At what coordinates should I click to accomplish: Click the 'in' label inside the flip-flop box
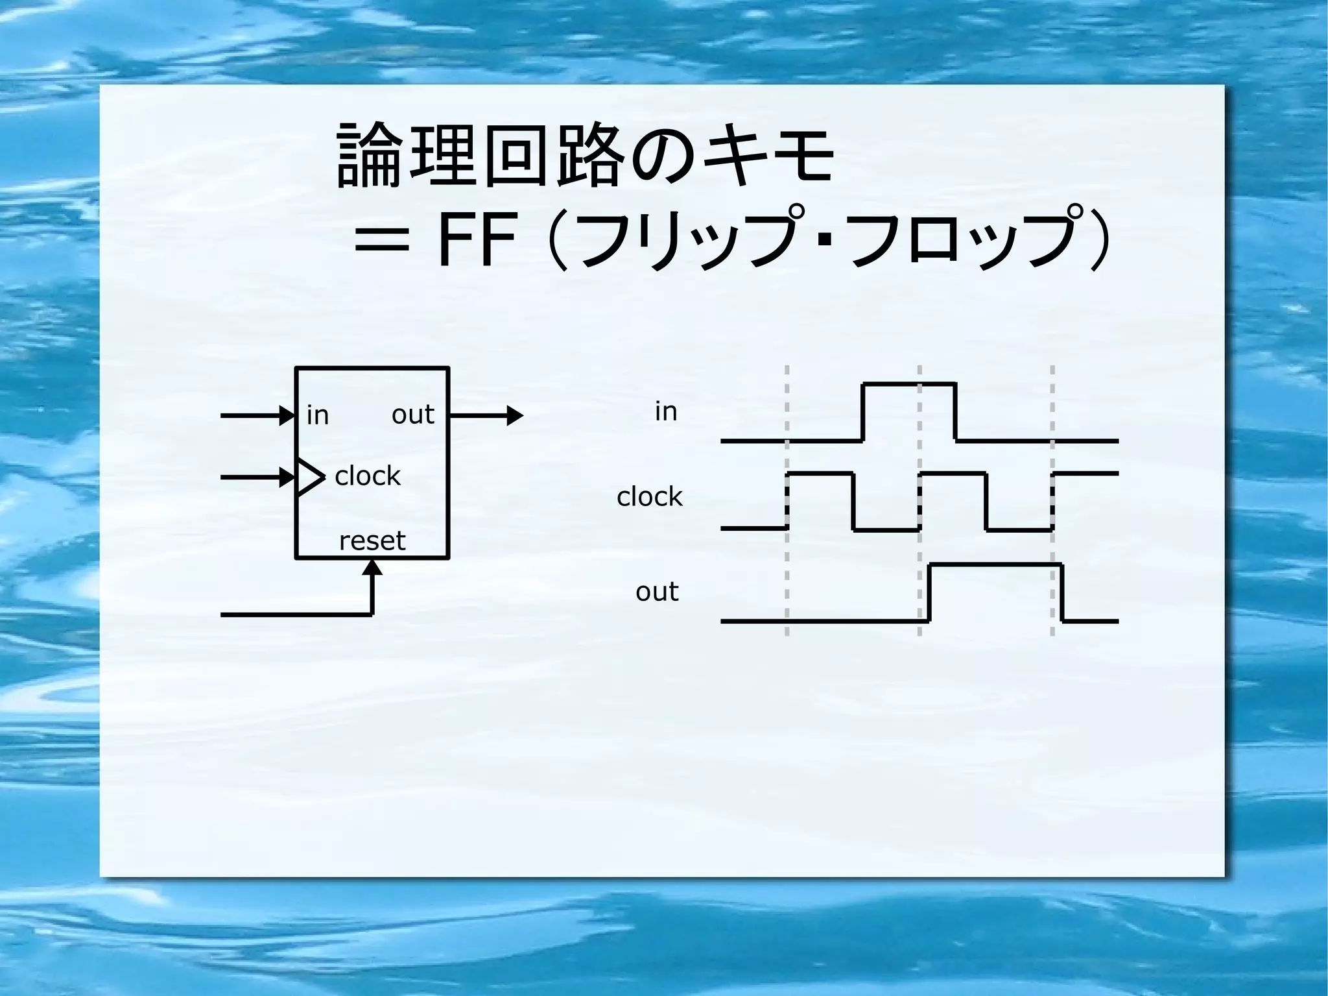[318, 415]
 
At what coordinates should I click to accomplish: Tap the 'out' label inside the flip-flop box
[412, 415]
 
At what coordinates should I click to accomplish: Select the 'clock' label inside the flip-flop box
[368, 476]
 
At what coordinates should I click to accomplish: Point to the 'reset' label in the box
[372, 541]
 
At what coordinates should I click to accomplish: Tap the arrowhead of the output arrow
[515, 415]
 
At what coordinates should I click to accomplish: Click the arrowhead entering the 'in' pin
[287, 415]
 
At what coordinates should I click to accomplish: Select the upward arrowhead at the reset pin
[372, 568]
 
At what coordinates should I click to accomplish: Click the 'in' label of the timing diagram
[666, 411]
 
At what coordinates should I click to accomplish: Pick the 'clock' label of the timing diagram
[649, 497]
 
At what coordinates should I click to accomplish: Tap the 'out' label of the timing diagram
[657, 592]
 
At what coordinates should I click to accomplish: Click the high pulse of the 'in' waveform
[908, 385]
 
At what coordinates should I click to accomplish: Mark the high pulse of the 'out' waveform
[995, 565]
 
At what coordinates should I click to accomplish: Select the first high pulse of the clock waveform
[820, 474]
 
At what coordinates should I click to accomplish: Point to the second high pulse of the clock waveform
[953, 474]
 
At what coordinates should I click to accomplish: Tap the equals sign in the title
[383, 243]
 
